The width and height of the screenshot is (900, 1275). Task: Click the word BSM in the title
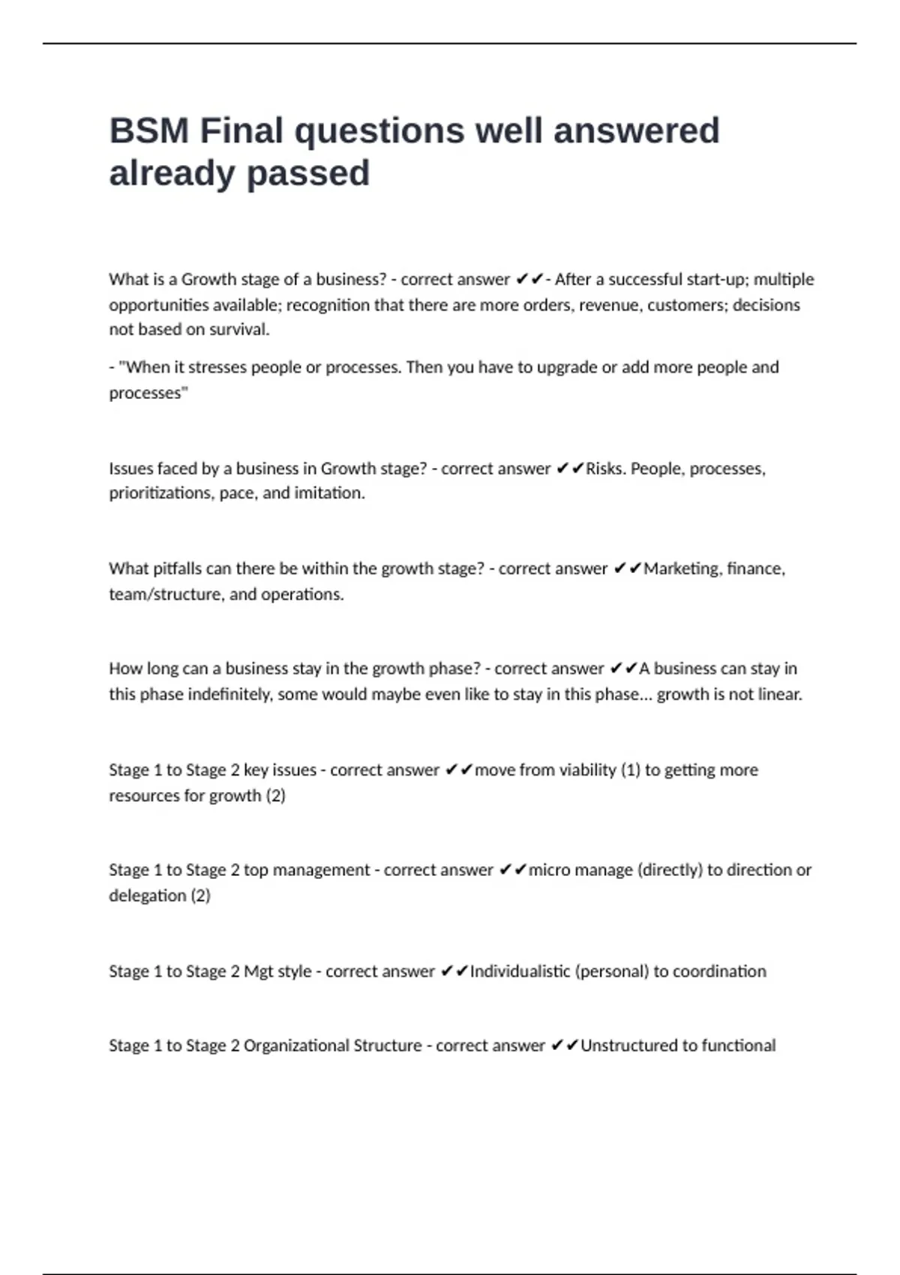[x=148, y=131]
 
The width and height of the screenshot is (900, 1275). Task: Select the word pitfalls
[x=177, y=569]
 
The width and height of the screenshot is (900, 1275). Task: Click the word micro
[x=549, y=871]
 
